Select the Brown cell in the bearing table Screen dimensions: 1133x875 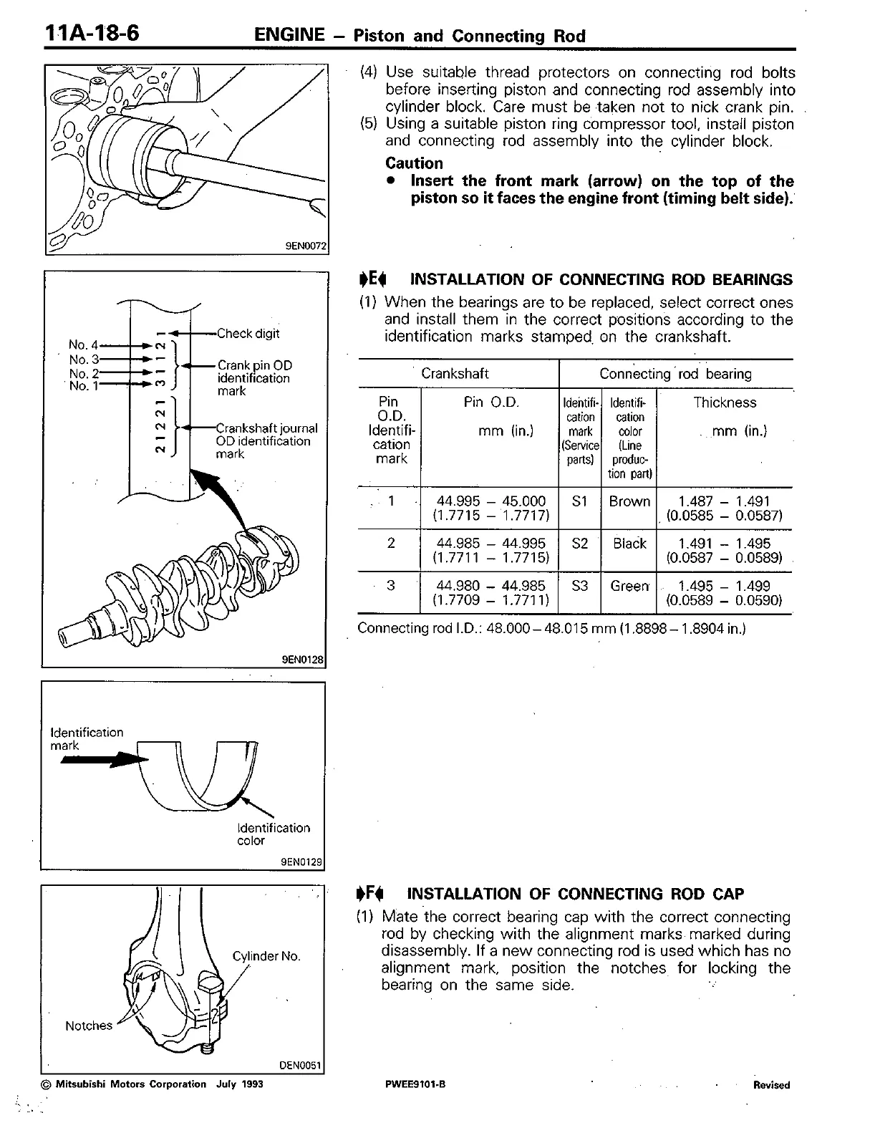pos(629,501)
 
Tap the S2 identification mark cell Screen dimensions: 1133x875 pos(580,544)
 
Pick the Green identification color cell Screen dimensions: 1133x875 pos(629,586)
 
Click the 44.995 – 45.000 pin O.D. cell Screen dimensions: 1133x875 pos(490,508)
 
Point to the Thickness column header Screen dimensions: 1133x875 pos(725,402)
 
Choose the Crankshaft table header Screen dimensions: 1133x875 pos(455,374)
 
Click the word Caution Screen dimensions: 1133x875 pos(414,163)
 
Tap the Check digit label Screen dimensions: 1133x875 pos(248,334)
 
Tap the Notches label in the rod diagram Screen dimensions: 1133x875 pos(89,1026)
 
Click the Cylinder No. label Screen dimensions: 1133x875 pos(266,957)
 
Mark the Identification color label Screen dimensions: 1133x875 pos(274,834)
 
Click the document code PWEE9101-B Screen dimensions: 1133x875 pos(415,1084)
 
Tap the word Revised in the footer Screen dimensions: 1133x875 pos(771,1085)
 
